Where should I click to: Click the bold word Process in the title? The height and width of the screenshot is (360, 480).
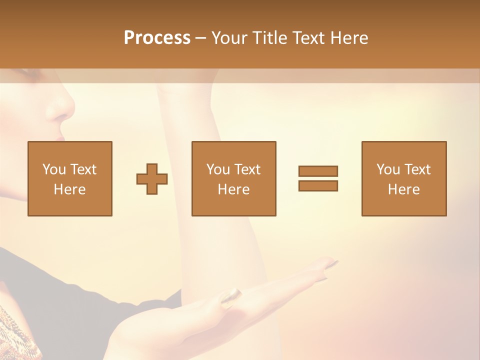[157, 37]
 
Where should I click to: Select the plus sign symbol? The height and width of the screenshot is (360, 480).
[152, 178]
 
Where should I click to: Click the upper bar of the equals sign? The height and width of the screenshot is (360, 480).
[318, 171]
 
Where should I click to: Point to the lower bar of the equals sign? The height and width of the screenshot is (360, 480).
[318, 185]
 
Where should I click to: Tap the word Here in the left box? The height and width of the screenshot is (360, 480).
[69, 189]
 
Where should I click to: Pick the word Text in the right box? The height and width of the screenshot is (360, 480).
[418, 169]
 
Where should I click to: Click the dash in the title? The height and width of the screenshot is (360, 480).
[200, 38]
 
